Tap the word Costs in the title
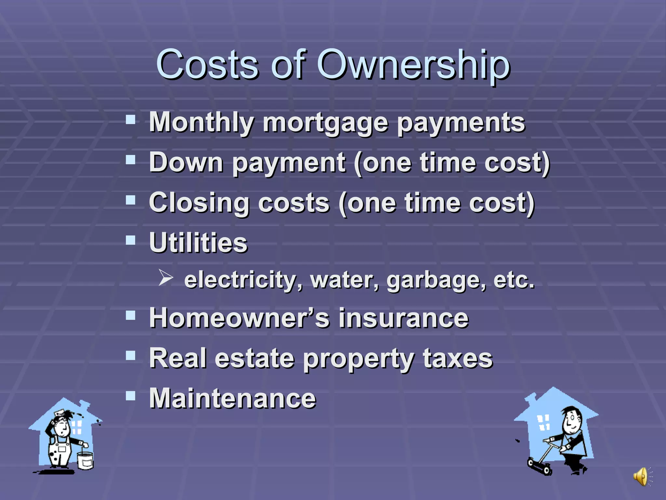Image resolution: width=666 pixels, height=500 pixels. pos(207,65)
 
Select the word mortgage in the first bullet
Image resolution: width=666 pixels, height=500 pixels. pos(325,123)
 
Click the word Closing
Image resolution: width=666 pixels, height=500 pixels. pos(199,203)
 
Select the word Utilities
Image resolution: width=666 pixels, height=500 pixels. pos(198,243)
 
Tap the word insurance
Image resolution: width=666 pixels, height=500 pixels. pos(403,318)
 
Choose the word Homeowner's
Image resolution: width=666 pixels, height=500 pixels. pos(239,318)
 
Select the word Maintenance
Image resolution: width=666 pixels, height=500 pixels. pos(233,398)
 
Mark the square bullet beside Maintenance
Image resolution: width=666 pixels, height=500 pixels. pos(131,396)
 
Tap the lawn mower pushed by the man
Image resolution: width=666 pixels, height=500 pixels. pos(540,465)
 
